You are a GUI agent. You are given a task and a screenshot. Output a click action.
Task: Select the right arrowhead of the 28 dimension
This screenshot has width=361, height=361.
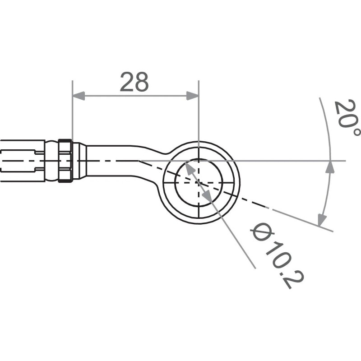click(193, 96)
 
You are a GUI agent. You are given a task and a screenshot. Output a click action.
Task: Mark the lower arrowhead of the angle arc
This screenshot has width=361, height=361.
click(322, 220)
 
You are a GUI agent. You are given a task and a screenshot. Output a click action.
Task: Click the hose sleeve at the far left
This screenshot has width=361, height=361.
click(23, 161)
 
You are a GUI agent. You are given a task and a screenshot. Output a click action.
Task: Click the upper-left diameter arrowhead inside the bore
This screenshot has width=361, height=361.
click(188, 167)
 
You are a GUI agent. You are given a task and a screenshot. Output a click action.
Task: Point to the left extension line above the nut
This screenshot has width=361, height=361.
click(72, 113)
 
